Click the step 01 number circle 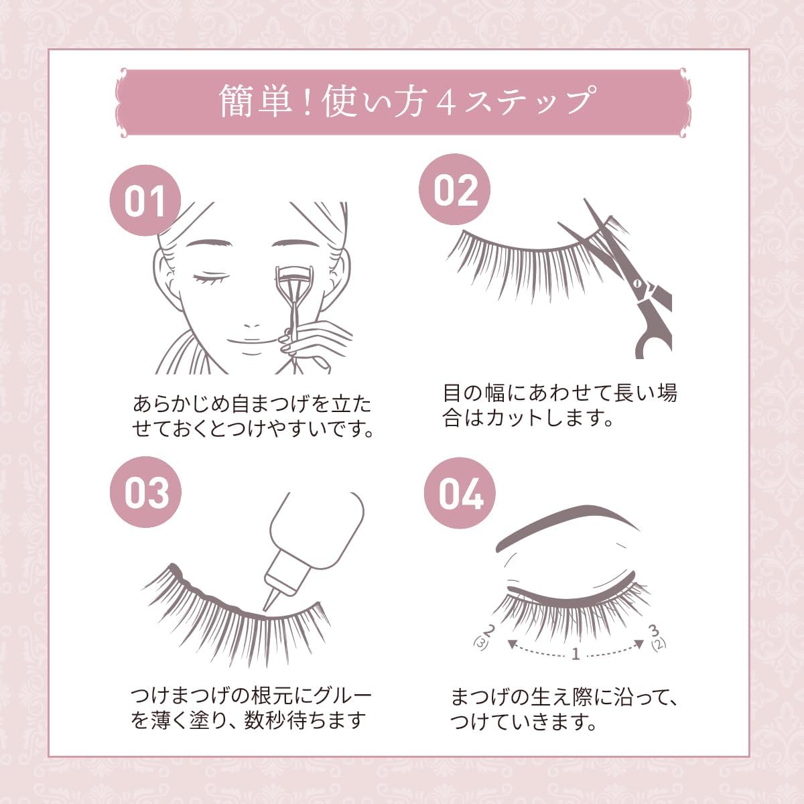[x=145, y=200]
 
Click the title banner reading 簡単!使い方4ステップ [x=402, y=102]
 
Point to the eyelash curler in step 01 [x=292, y=295]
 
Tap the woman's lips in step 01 [x=253, y=346]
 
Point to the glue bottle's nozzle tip [x=267, y=606]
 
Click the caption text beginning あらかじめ [x=253, y=417]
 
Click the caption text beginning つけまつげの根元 [x=251, y=708]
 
